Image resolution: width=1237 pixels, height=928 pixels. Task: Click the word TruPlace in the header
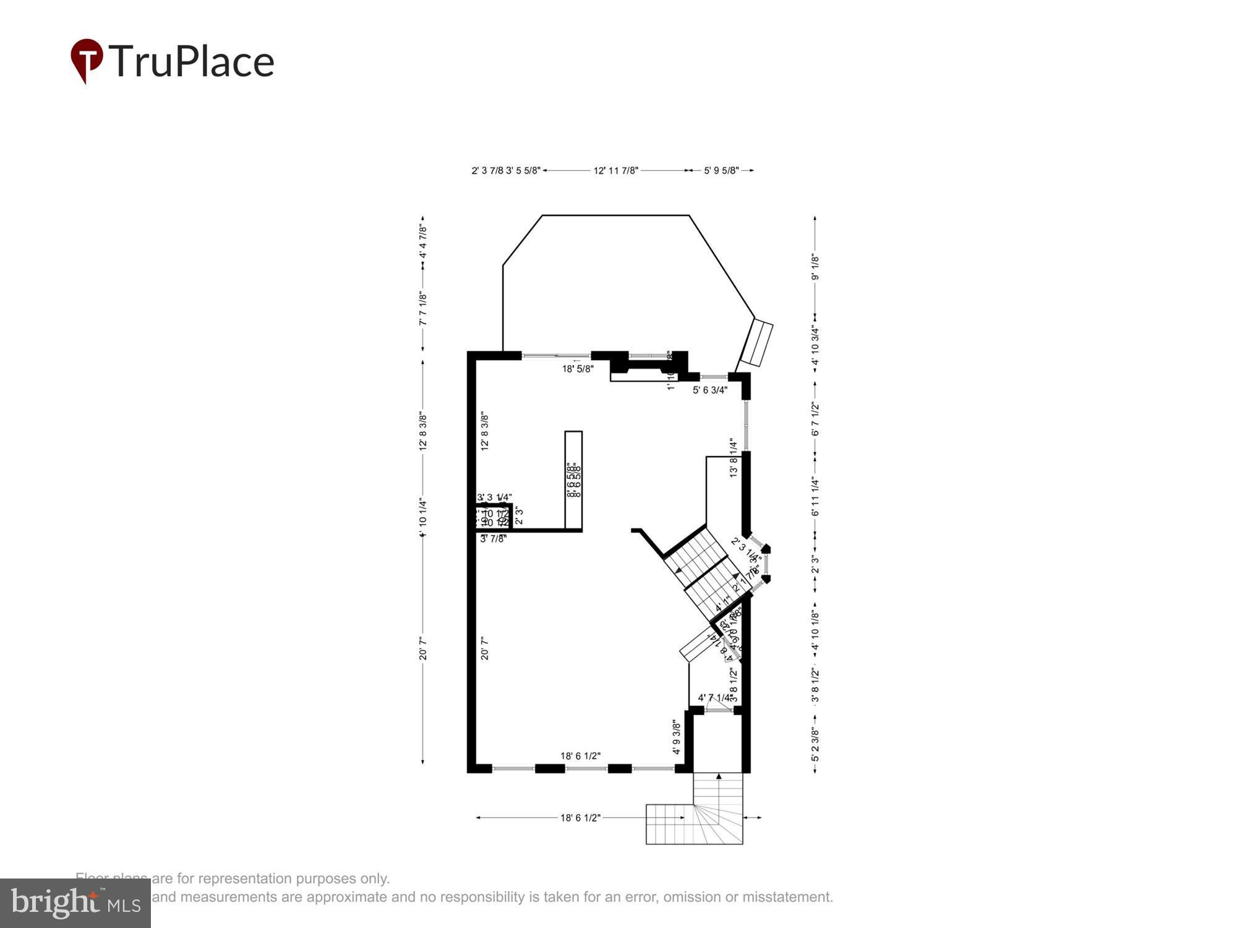[x=192, y=61]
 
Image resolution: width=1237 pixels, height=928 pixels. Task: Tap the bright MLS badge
[x=75, y=903]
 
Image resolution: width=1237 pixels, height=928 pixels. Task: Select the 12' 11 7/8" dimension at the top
[x=615, y=171]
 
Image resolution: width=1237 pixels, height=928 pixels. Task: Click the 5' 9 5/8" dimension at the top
[x=721, y=171]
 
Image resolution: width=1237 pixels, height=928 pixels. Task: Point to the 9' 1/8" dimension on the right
[x=816, y=268]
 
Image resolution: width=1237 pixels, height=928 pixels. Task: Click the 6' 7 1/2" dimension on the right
[x=816, y=419]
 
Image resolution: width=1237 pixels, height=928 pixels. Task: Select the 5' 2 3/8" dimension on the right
[x=816, y=745]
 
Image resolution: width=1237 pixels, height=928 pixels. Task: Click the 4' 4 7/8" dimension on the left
[x=423, y=242]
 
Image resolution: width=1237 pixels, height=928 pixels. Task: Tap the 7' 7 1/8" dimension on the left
[x=423, y=309]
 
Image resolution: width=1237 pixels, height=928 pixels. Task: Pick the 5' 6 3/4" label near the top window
[x=710, y=390]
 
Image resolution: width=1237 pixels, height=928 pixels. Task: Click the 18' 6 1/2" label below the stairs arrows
[x=580, y=818]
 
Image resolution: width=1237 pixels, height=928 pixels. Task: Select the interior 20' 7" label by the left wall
[x=485, y=646]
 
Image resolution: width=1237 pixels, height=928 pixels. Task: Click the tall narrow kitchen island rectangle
[x=573, y=480]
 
